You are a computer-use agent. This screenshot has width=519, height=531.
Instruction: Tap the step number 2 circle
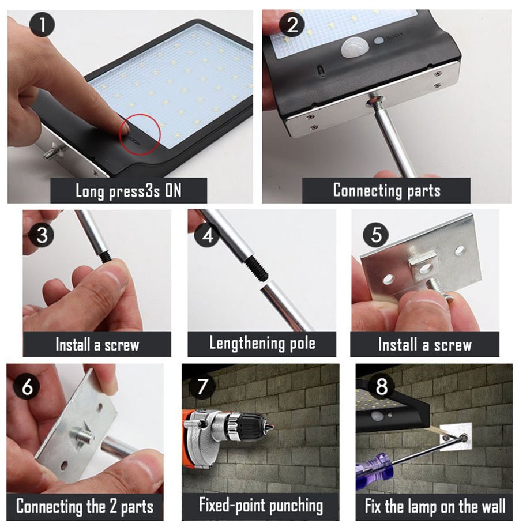point(293,26)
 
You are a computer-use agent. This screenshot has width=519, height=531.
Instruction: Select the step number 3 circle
point(42,236)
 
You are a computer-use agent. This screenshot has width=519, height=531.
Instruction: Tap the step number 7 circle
point(202,387)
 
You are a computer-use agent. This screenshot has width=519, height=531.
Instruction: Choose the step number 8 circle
point(381,387)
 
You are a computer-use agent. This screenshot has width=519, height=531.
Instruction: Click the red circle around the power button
point(139,134)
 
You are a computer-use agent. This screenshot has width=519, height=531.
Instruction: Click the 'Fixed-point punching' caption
point(261,506)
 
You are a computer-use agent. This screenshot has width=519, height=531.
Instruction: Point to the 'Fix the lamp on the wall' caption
point(435,507)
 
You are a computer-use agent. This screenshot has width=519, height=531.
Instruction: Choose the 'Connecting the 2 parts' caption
point(85,507)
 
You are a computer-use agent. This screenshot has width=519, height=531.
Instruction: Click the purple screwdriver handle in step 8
point(373,478)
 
